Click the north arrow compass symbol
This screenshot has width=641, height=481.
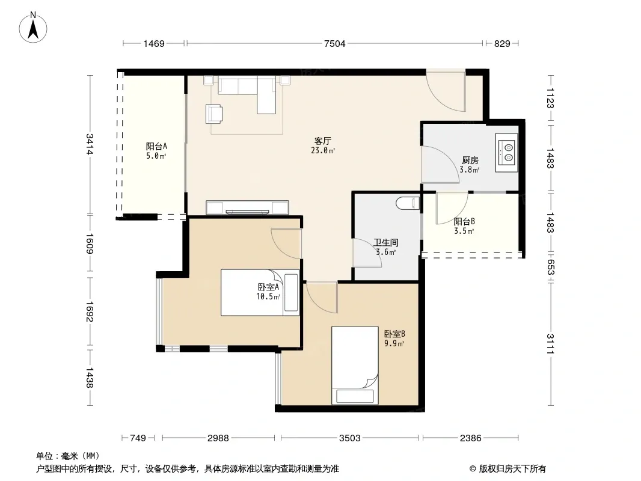click(33, 28)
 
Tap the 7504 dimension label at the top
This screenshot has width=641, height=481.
click(334, 44)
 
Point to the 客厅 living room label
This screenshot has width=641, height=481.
click(322, 141)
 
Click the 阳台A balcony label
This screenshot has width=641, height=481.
click(156, 146)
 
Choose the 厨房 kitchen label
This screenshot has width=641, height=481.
click(470, 160)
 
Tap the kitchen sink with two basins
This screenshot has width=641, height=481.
click(507, 152)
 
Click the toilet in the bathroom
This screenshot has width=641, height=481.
click(408, 203)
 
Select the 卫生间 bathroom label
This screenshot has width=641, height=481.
click(385, 242)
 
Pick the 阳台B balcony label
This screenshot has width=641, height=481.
click(464, 221)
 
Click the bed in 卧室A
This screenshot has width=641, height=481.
click(260, 292)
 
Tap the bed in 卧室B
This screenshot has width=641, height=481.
click(355, 365)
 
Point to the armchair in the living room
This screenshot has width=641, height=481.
click(214, 114)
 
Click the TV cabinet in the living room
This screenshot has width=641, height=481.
click(247, 207)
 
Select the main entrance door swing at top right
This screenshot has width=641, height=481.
click(446, 91)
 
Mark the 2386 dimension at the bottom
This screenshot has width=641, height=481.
click(471, 438)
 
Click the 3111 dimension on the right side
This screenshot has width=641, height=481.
click(550, 344)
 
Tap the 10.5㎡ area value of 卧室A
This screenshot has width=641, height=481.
click(268, 296)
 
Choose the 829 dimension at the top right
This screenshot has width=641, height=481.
click(502, 44)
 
